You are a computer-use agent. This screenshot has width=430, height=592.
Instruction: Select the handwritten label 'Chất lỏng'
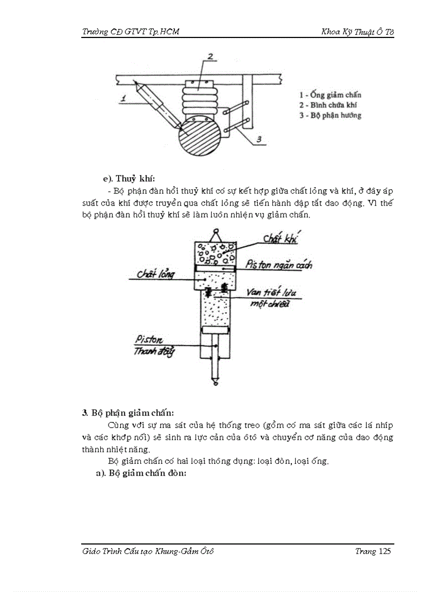click(x=155, y=274)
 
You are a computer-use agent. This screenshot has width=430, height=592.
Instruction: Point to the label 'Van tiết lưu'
click(x=267, y=293)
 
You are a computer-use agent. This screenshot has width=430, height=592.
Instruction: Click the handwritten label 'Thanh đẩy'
click(x=154, y=351)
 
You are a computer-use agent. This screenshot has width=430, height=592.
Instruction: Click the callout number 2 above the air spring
click(x=209, y=56)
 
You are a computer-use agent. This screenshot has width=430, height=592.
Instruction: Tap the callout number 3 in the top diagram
click(x=259, y=139)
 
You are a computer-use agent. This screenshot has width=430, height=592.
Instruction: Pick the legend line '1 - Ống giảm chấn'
click(x=330, y=95)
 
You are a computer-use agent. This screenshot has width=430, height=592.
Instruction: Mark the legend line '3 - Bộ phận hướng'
click(x=330, y=115)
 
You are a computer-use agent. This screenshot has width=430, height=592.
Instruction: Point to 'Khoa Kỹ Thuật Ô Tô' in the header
click(x=357, y=32)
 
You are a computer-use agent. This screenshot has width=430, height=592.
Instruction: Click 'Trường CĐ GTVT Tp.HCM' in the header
click(x=131, y=32)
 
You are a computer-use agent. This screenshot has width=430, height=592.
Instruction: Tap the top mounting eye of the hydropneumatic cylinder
click(x=215, y=232)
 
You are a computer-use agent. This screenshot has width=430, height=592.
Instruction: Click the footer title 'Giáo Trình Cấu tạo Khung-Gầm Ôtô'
click(x=148, y=551)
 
